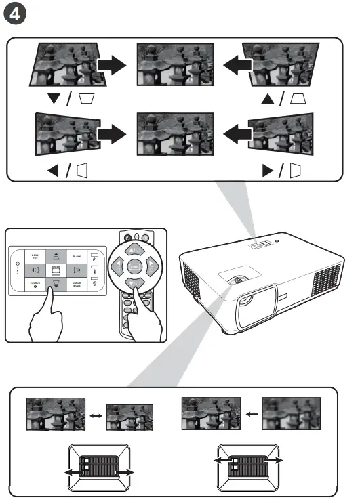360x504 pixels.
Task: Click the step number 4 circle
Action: click(15, 14)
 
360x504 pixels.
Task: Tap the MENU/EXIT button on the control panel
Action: click(35, 256)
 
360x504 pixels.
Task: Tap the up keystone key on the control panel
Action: click(56, 255)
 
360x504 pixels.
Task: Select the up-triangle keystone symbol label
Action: click(282, 100)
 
